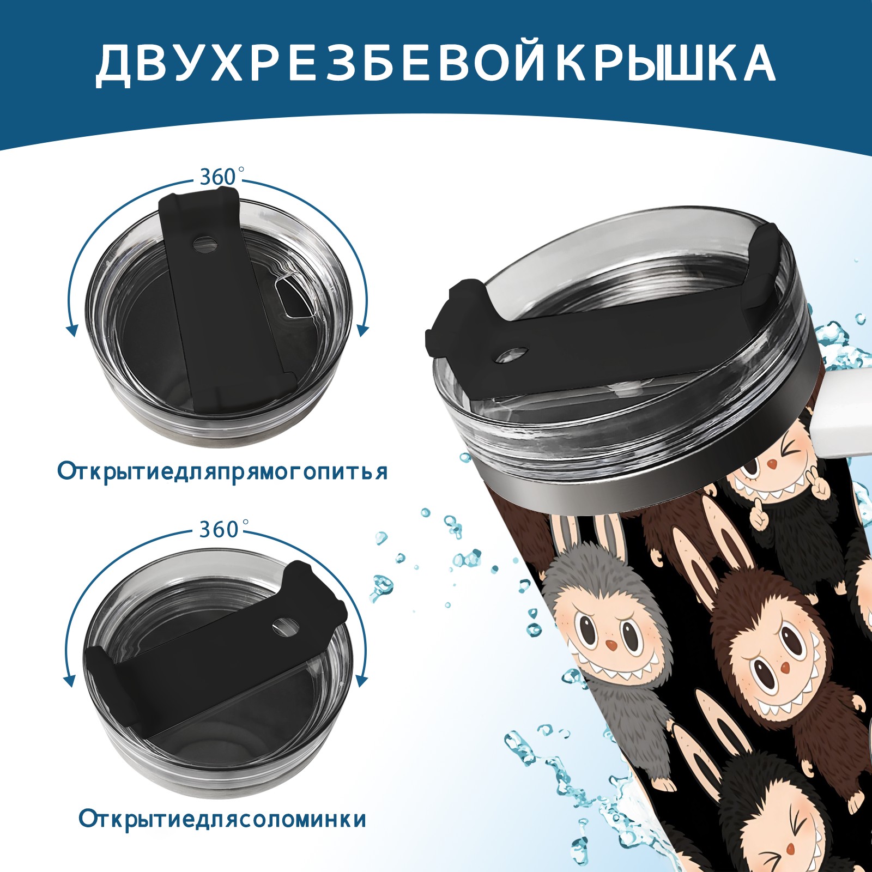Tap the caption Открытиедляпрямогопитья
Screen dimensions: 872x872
(222, 471)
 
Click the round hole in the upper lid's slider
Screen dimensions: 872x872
(205, 244)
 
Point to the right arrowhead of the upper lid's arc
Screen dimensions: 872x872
(363, 330)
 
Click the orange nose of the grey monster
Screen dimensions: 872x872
(612, 645)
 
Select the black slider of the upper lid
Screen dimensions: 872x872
(221, 300)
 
